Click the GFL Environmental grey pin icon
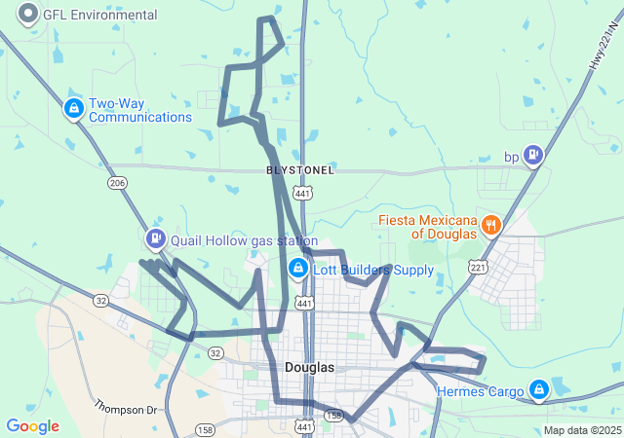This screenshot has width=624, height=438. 28,15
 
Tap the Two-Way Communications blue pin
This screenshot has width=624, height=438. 73,109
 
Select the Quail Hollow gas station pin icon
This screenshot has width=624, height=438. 155,238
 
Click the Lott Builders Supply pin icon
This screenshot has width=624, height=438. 298,268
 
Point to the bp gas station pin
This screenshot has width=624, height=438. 532,155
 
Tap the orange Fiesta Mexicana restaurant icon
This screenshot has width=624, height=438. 491,226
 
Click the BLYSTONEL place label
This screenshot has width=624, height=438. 300,170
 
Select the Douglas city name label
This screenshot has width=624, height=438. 310,368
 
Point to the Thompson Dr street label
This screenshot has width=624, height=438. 126,406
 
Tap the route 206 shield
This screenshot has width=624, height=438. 118,183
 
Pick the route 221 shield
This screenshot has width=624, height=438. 477,266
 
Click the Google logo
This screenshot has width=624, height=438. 32,426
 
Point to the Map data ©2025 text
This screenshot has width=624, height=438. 581,430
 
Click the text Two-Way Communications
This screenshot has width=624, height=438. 140,110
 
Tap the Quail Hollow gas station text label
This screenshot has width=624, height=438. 244,240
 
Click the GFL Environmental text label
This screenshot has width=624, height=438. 99,16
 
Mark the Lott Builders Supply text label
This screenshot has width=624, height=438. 373,270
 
